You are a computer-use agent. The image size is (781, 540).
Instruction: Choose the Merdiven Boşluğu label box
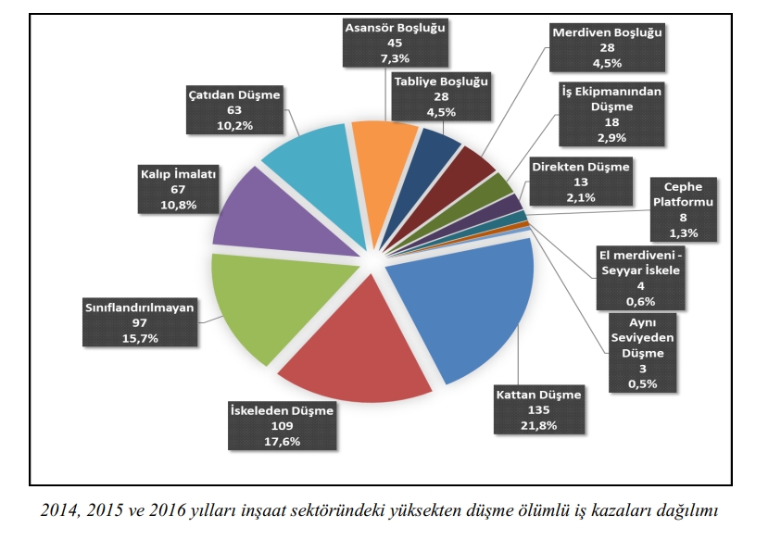coord(609,47)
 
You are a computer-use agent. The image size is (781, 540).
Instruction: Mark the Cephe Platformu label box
coord(684,209)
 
